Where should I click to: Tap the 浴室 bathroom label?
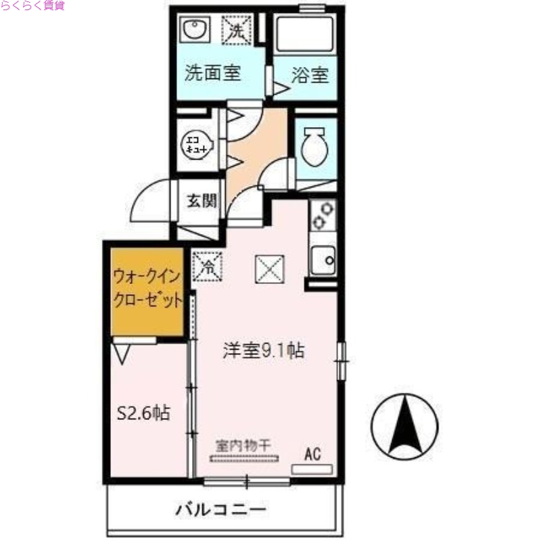click(x=310, y=74)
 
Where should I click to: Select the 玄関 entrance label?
click(x=202, y=201)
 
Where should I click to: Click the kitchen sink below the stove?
click(x=323, y=260)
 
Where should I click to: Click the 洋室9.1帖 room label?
click(x=264, y=350)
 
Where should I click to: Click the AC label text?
click(x=312, y=454)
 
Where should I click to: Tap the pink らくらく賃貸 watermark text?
click(x=32, y=7)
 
